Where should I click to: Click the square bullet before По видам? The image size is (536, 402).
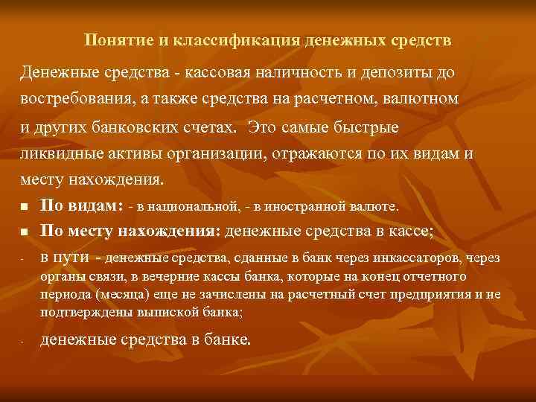pyautogui.click(x=24, y=207)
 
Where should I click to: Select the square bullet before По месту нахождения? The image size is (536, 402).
pyautogui.click(x=24, y=233)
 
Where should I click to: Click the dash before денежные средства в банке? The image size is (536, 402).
pyautogui.click(x=23, y=342)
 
